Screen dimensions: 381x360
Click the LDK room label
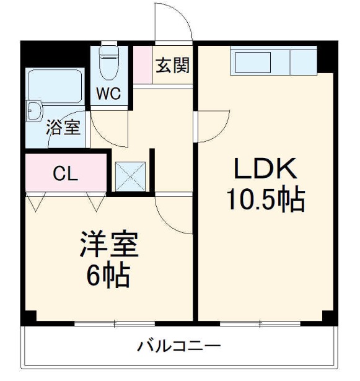point(266,169)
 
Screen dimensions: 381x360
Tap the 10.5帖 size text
point(265,199)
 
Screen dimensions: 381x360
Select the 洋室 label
point(108,244)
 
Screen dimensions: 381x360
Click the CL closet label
point(64,174)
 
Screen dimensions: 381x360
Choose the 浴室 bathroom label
point(63,128)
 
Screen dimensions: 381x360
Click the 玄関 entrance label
point(172,64)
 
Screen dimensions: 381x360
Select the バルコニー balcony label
point(180,345)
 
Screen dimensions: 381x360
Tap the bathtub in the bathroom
point(55,87)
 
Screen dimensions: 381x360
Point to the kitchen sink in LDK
point(250,63)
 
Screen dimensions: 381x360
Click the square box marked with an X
point(130,177)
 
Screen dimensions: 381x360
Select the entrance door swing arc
point(173,25)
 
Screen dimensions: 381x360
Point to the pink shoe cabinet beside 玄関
point(143,64)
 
